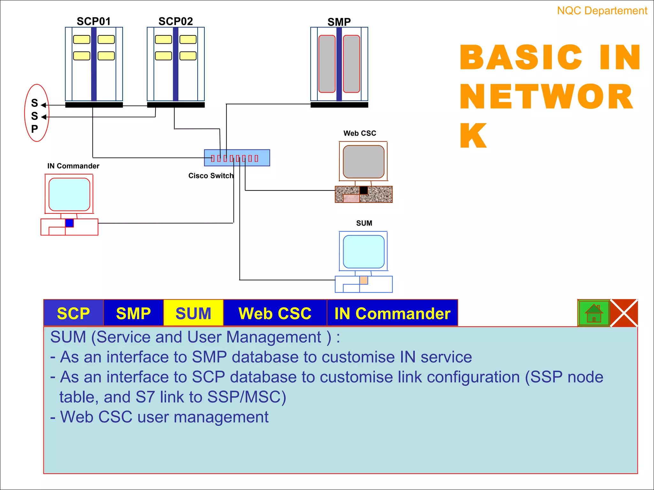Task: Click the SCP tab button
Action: click(x=73, y=313)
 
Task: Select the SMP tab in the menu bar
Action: click(x=133, y=313)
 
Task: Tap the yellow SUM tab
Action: click(x=193, y=313)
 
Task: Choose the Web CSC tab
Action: click(x=275, y=313)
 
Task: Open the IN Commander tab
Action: click(x=392, y=313)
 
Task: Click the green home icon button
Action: click(x=594, y=313)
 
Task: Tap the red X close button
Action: click(x=624, y=313)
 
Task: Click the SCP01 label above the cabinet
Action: click(x=94, y=21)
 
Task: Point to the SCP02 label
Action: click(x=176, y=21)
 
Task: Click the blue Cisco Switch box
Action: click(x=237, y=158)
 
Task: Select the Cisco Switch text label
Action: click(x=211, y=176)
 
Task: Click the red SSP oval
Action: click(x=37, y=113)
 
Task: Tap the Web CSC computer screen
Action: click(x=363, y=161)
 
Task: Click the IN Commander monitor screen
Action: click(x=69, y=194)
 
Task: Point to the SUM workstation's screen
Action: click(x=363, y=251)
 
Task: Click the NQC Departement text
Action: click(x=602, y=11)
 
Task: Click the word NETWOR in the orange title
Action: click(x=546, y=97)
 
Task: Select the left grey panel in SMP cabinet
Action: click(x=327, y=64)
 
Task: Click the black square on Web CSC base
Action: click(x=363, y=190)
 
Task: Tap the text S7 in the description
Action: click(x=145, y=397)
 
